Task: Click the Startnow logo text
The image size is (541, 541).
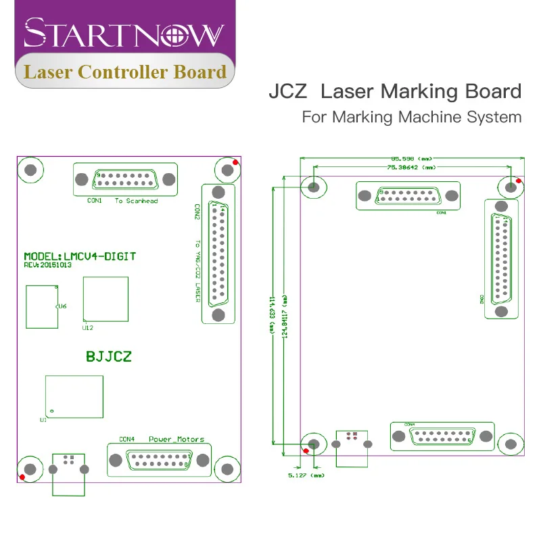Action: click(x=124, y=32)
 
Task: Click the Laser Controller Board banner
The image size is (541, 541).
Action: click(x=125, y=72)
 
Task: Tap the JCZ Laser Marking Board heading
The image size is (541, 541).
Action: click(x=395, y=91)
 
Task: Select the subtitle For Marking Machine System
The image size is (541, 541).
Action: click(x=411, y=116)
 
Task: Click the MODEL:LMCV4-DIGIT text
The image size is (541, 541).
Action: click(x=80, y=256)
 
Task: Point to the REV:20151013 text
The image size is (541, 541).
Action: click(x=47, y=265)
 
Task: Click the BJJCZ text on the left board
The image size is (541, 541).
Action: click(x=108, y=354)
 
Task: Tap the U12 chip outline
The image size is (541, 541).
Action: click(x=105, y=299)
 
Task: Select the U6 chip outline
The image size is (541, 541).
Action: click(x=42, y=306)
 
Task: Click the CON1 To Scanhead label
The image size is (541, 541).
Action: click(x=122, y=201)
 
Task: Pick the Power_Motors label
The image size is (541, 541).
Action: click(x=177, y=440)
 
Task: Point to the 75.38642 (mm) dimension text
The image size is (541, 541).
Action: click(x=411, y=166)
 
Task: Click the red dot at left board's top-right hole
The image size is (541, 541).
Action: click(x=235, y=162)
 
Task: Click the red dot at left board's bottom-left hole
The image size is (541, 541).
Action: click(x=23, y=478)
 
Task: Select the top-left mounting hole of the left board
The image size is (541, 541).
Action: click(x=30, y=170)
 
